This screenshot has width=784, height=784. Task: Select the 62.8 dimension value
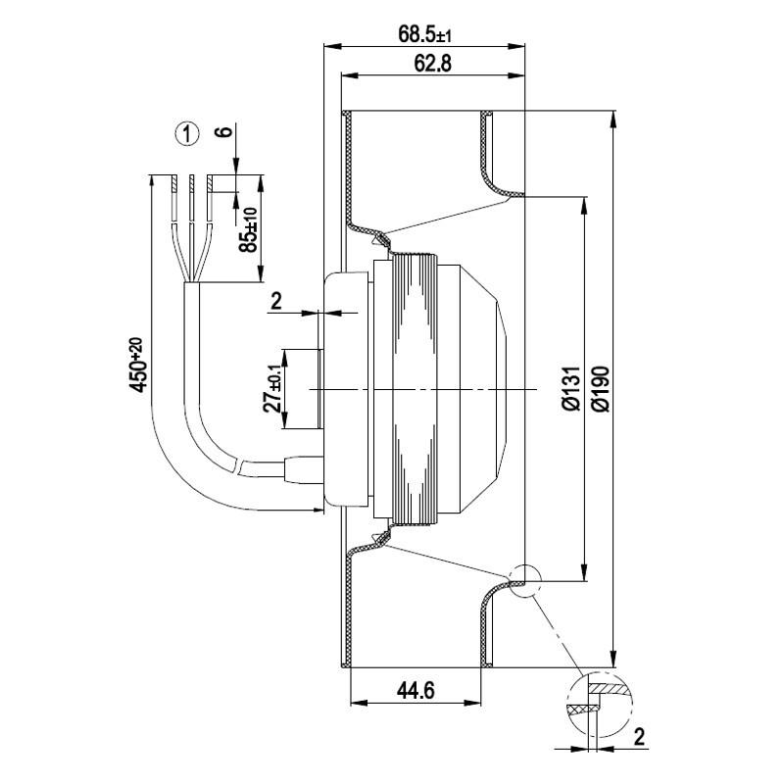[429, 64]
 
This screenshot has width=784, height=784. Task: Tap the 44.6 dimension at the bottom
[416, 690]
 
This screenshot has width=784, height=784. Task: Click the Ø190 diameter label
[600, 389]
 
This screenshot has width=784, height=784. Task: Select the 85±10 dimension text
[248, 231]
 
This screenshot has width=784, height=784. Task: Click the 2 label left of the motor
[276, 301]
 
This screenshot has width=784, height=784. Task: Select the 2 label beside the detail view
[638, 735]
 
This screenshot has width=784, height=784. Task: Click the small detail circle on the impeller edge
[523, 580]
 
